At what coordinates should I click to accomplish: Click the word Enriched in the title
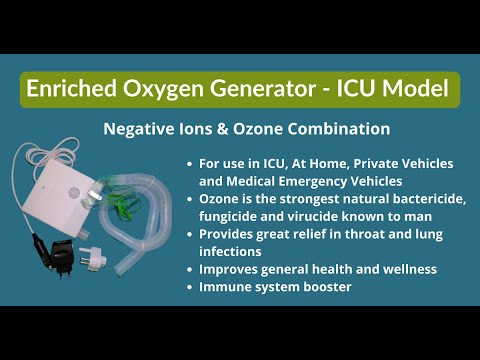click(x=68, y=90)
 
